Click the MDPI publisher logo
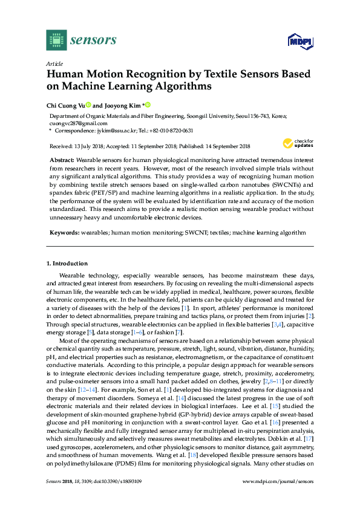pyautogui.click(x=299, y=41)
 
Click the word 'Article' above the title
pyautogui.click(x=55, y=63)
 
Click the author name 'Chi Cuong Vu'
pyautogui.click(x=65, y=105)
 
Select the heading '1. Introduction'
pyautogui.click(x=67, y=264)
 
